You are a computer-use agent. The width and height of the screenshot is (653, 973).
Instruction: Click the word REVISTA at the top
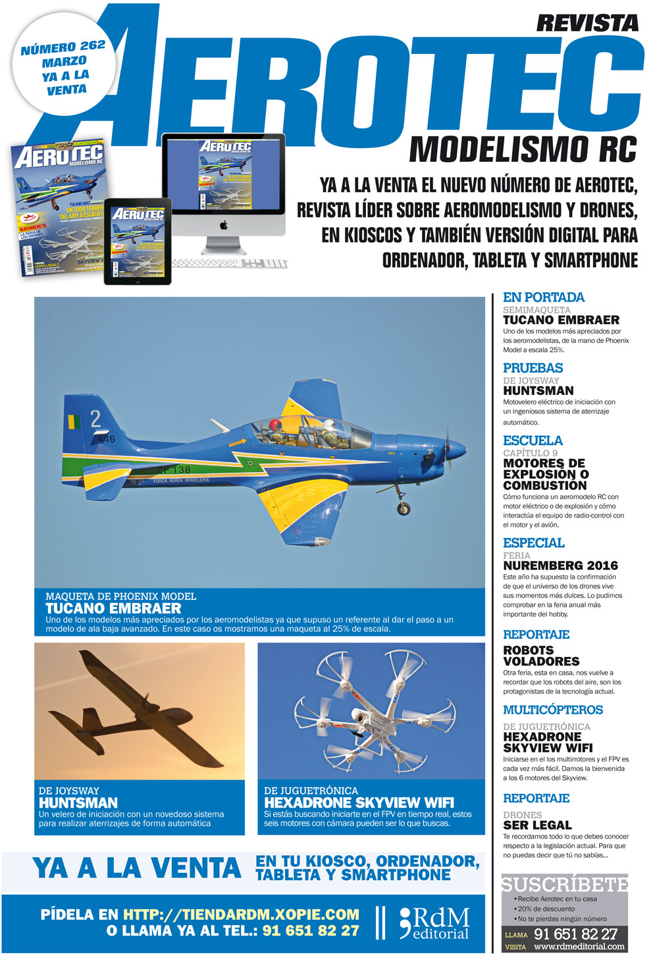pos(587,23)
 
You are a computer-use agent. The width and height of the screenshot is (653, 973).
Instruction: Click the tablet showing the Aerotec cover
pos(138,242)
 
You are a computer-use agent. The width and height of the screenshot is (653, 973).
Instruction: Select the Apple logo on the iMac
pos(223,225)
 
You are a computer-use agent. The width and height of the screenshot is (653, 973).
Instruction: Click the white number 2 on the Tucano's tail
pos(95,418)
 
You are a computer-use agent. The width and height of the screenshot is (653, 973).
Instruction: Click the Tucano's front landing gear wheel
pos(403,508)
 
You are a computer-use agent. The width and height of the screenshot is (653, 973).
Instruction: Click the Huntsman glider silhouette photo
pos(139,710)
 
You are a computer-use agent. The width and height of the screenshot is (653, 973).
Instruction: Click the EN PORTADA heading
pos(543,297)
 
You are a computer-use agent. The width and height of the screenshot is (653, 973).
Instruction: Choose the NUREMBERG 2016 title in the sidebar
pos(560,565)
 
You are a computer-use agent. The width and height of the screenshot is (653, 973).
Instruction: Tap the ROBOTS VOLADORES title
pos(541,656)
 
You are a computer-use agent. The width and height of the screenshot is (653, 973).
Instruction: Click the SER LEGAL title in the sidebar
pos(537,825)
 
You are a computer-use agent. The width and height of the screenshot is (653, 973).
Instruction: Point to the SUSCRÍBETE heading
pos(564,884)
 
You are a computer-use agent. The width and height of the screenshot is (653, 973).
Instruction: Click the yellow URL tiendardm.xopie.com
pos(241,914)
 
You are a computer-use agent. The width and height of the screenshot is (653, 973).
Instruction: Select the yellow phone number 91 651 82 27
pos(311,931)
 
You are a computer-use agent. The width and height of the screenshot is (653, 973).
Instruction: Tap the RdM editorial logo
pos(434,923)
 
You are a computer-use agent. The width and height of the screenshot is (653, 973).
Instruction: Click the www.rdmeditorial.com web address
pos(579,947)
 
